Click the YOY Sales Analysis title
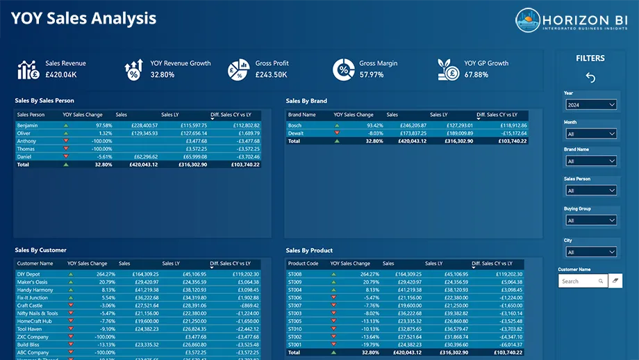(x=83, y=19)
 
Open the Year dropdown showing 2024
(x=590, y=105)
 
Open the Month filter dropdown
(x=590, y=133)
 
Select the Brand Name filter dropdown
(x=590, y=161)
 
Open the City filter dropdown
(x=590, y=252)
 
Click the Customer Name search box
(x=578, y=281)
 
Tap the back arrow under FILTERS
(x=590, y=77)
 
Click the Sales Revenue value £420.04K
(x=61, y=75)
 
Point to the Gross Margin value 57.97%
(x=372, y=75)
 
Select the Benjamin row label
(x=28, y=126)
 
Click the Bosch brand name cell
(x=294, y=126)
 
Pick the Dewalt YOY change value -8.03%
(x=374, y=133)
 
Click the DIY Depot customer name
(x=29, y=275)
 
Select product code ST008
(x=295, y=275)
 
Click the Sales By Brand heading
(x=306, y=101)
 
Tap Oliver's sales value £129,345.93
(x=144, y=133)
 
